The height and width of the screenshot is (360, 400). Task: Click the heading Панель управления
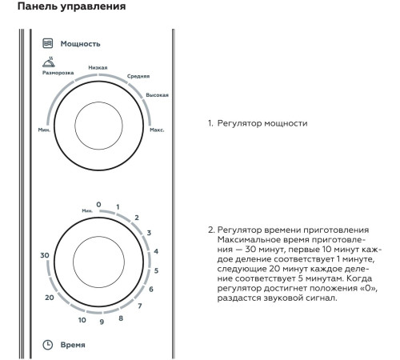click(x=71, y=6)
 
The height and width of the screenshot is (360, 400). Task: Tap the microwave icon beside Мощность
click(x=48, y=43)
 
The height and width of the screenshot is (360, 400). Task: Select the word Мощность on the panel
click(x=80, y=44)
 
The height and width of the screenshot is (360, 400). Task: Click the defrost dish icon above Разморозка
click(x=49, y=62)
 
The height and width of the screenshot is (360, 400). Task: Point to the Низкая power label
click(x=98, y=68)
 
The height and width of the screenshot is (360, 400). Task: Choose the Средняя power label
click(x=138, y=76)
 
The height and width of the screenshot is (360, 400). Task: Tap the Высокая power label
click(x=157, y=95)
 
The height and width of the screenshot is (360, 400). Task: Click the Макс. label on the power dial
click(x=157, y=130)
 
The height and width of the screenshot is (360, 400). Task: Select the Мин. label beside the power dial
click(x=44, y=130)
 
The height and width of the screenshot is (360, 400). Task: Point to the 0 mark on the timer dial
click(x=98, y=205)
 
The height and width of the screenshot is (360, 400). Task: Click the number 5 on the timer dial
click(x=156, y=270)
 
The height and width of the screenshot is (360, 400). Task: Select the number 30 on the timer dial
click(x=45, y=255)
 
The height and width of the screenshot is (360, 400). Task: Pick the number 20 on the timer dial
click(x=50, y=298)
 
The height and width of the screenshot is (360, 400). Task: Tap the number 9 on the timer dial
click(x=102, y=322)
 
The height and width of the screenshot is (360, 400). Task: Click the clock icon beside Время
click(x=48, y=345)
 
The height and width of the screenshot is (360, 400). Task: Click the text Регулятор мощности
click(x=262, y=123)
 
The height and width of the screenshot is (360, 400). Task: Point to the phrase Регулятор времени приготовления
click(x=293, y=230)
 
